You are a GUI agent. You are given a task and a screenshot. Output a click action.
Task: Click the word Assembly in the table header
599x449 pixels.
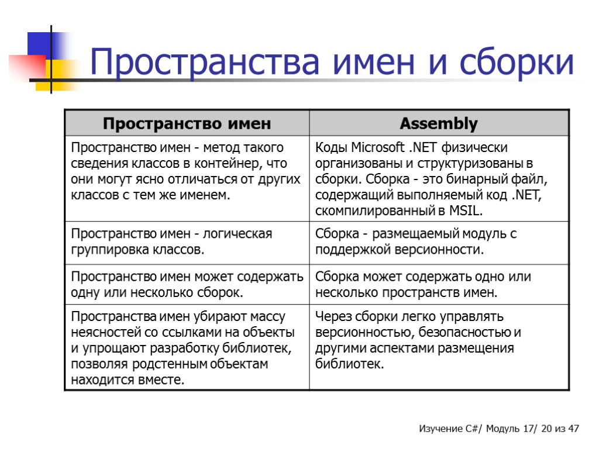(x=439, y=124)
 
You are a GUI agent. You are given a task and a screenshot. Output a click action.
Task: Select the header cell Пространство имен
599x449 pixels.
(x=187, y=124)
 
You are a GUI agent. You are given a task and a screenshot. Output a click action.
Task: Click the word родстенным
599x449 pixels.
(x=166, y=364)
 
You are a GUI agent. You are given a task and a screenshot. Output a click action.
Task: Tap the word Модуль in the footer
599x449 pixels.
(x=500, y=429)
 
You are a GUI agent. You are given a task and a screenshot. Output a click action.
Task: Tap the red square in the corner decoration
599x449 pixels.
(x=26, y=66)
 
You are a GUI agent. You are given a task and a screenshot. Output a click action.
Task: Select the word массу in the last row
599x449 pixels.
(x=268, y=317)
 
